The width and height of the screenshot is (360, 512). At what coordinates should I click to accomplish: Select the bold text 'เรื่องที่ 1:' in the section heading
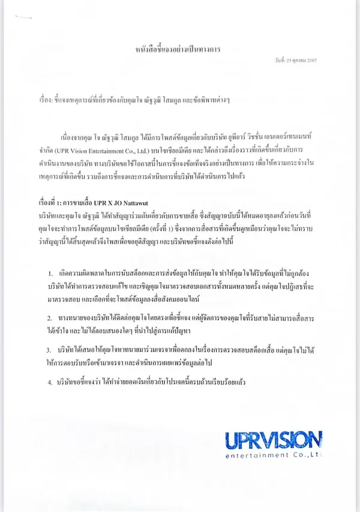(49, 204)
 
